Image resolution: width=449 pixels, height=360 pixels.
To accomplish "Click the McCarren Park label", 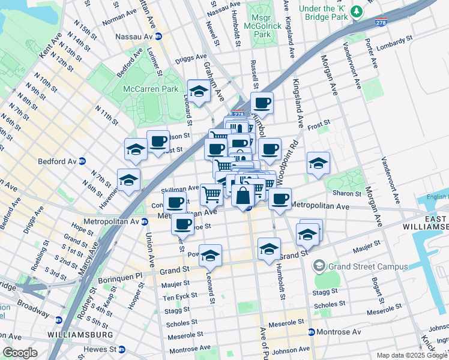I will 147,89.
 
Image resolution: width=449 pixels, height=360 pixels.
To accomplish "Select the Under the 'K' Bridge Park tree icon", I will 358,11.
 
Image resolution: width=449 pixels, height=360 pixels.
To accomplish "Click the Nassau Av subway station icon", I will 158,37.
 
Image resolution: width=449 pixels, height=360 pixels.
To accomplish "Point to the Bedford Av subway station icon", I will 82,161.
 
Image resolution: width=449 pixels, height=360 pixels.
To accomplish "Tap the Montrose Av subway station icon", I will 311,332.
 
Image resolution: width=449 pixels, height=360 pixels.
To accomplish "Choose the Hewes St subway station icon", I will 121,349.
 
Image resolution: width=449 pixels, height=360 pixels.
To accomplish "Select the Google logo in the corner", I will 20,353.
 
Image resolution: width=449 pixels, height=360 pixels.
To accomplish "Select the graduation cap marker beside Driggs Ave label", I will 198,92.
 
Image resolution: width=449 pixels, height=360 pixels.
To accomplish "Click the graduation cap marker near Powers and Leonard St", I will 210,256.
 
